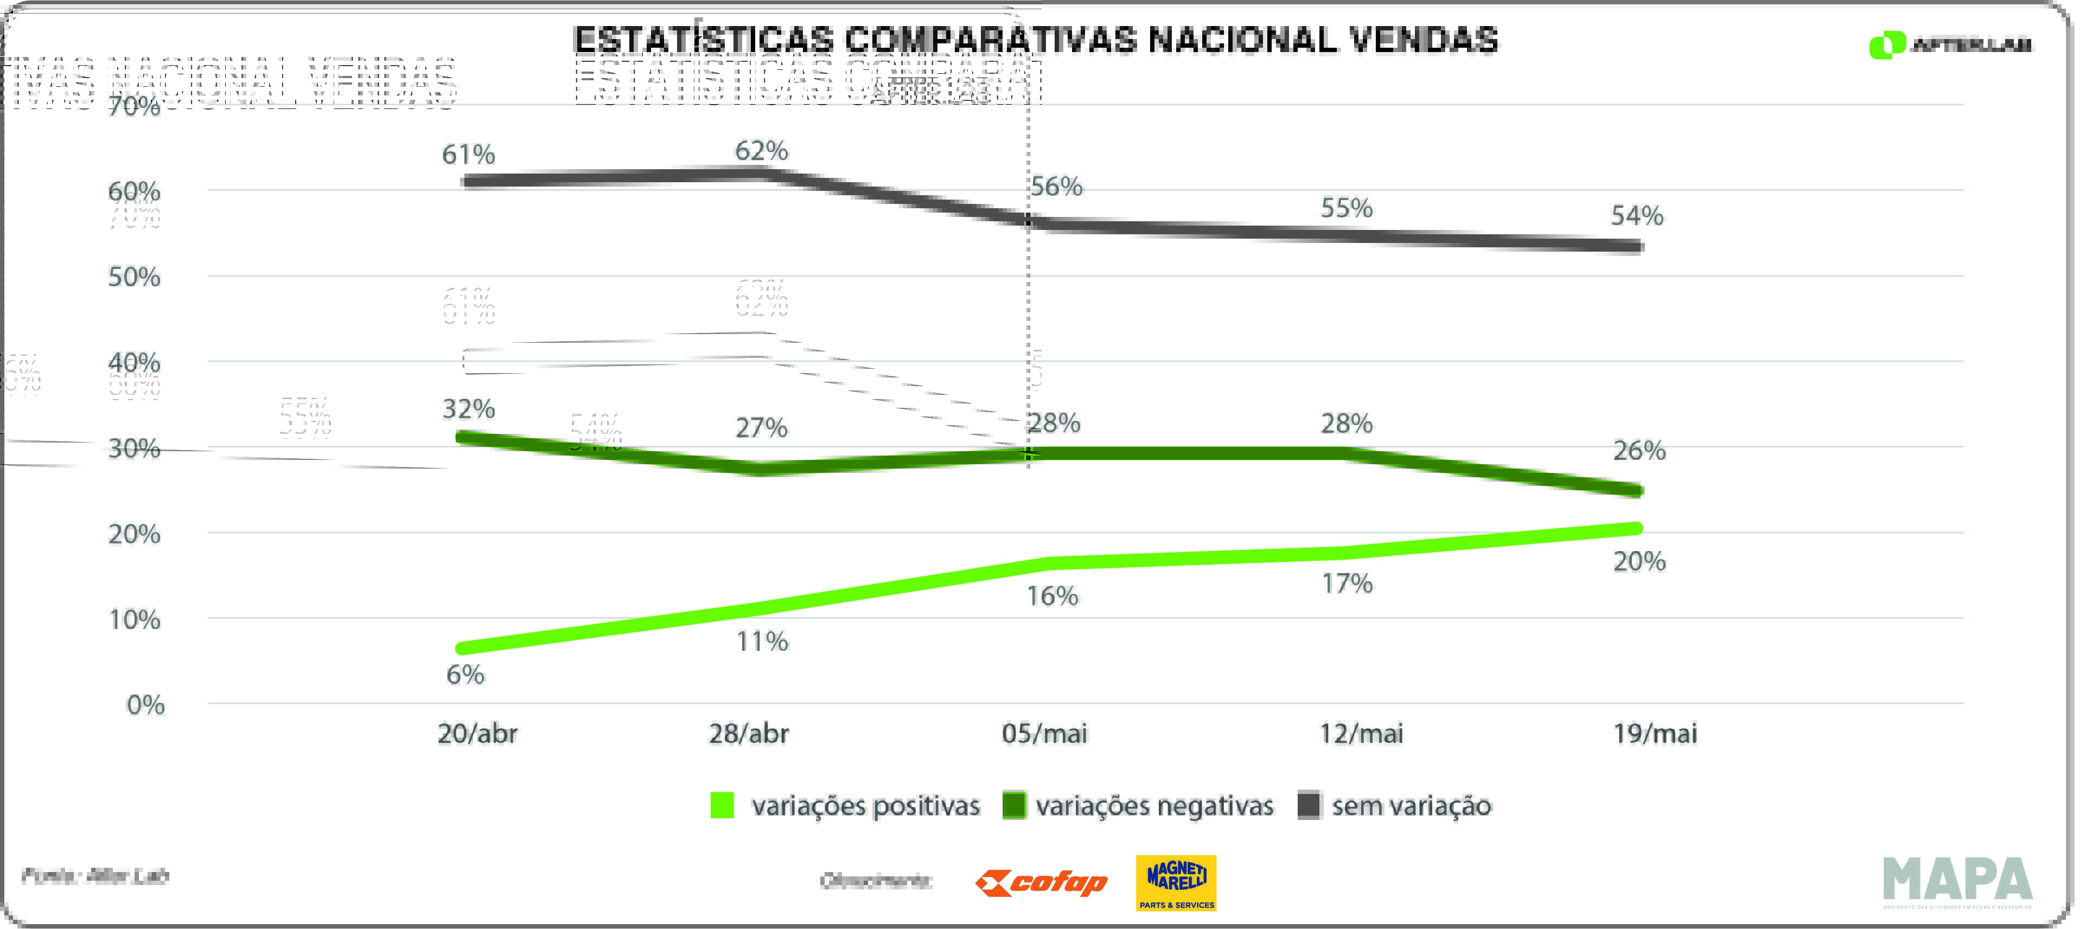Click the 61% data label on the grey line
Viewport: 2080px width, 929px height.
pyautogui.click(x=468, y=154)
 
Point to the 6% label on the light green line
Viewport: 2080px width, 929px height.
pyautogui.click(x=465, y=674)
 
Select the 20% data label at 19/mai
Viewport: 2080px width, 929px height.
pyautogui.click(x=1638, y=561)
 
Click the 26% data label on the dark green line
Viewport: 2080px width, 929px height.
pyautogui.click(x=1638, y=450)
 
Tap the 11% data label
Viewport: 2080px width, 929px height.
pyautogui.click(x=762, y=642)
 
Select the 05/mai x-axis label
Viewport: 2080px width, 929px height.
pyautogui.click(x=1044, y=734)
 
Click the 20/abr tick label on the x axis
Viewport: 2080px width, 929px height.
pyautogui.click(x=477, y=734)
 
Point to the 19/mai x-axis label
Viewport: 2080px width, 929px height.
pyautogui.click(x=1655, y=734)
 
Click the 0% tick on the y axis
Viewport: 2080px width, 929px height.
pyautogui.click(x=145, y=706)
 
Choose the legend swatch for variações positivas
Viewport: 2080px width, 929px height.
pyautogui.click(x=722, y=805)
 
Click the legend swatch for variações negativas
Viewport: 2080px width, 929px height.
pyautogui.click(x=1013, y=805)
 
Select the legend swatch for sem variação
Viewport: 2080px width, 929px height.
pyautogui.click(x=1309, y=805)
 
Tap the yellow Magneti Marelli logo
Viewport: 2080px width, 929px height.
pyautogui.click(x=1176, y=883)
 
